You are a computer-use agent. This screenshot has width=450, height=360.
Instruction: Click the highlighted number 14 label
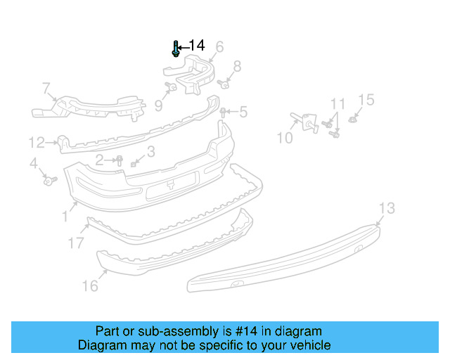pyautogui.click(x=197, y=46)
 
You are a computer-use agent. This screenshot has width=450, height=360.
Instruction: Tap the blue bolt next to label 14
pyautogui.click(x=175, y=49)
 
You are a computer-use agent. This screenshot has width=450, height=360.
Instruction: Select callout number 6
pyautogui.click(x=219, y=47)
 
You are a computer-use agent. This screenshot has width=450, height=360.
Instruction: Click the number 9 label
pyautogui.click(x=158, y=105)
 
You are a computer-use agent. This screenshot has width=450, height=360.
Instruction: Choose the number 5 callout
pyautogui.click(x=243, y=112)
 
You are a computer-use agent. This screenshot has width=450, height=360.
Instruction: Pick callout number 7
pyautogui.click(x=46, y=89)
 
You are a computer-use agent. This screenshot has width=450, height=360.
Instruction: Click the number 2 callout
pyautogui.click(x=100, y=160)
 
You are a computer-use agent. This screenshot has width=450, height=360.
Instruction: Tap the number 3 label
pyautogui.click(x=151, y=152)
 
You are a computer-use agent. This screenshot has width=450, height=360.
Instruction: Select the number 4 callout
pyautogui.click(x=34, y=164)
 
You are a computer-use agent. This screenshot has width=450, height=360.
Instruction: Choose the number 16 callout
pyautogui.click(x=90, y=285)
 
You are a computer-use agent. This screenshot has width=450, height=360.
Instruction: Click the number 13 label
pyautogui.click(x=387, y=208)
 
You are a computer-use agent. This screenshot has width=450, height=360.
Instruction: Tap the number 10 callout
pyautogui.click(x=284, y=138)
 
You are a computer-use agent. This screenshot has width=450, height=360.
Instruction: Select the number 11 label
pyautogui.click(x=338, y=104)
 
